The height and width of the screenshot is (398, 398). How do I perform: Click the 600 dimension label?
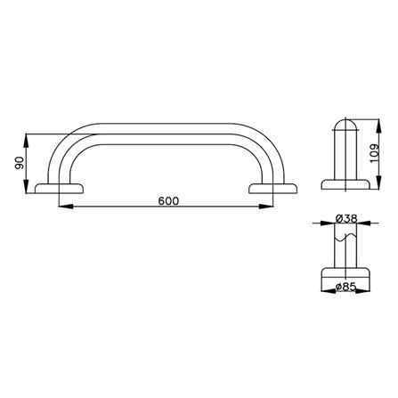click(168, 201)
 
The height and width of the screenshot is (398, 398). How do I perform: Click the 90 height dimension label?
click(19, 163)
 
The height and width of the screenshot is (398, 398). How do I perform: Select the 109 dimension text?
click(375, 153)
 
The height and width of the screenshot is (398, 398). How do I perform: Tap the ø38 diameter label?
click(346, 219)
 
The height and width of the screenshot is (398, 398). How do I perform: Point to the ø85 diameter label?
click(345, 287)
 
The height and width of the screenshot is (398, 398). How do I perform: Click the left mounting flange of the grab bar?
click(60, 189)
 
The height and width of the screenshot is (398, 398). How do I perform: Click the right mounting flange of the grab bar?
click(273, 189)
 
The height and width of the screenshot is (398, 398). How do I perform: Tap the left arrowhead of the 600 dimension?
click(66, 207)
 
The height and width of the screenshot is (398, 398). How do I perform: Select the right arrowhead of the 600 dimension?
click(266, 207)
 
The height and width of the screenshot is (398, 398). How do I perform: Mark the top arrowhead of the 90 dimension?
click(27, 141)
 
